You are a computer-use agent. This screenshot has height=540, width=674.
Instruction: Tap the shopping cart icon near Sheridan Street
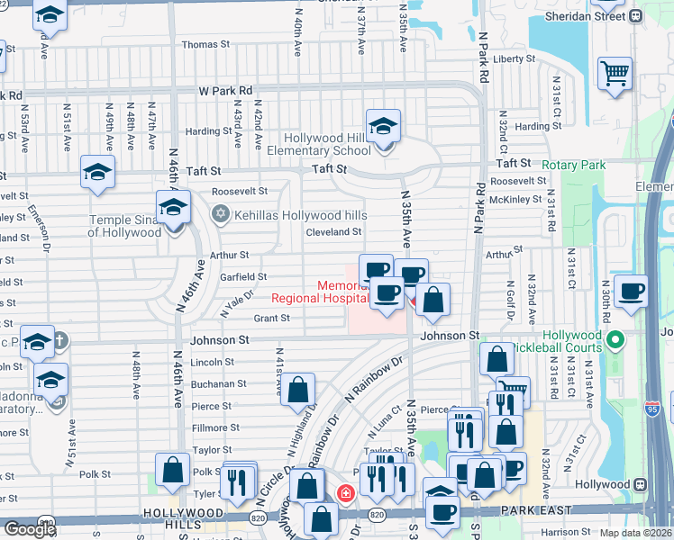pos(615,73)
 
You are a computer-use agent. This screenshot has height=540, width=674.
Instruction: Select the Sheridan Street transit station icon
pos(636,15)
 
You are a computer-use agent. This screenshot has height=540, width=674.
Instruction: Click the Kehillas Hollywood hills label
pos(301,215)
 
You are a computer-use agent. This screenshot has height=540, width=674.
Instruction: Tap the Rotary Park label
pos(573,165)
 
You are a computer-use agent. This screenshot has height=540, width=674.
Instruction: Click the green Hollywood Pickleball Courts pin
pos(615,340)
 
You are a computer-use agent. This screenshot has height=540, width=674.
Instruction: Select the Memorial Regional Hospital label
pos(320,292)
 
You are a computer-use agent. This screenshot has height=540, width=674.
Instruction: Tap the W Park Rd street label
pos(225,91)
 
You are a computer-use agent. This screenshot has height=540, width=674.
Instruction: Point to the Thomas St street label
pos(205,44)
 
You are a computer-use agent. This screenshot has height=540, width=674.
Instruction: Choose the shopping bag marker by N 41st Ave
pos(299,389)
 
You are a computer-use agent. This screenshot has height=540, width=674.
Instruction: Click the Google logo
pos(29,529)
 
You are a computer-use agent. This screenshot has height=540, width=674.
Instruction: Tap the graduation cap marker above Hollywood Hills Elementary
pos(383,125)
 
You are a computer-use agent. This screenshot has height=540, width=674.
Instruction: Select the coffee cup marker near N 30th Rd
pos(633,290)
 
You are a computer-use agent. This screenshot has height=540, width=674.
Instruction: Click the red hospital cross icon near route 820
pos(345,492)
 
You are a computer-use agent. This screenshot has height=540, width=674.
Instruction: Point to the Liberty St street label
pos(515,59)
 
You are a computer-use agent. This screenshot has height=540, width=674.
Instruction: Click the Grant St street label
pos(271,318)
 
